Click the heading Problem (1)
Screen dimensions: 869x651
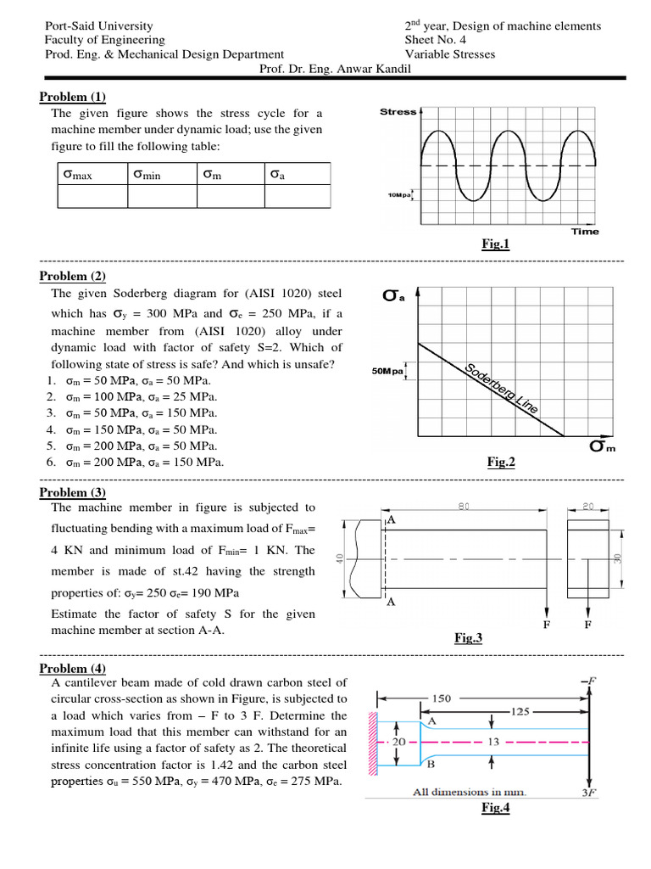[x=73, y=96]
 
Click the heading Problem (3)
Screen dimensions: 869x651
[x=73, y=492]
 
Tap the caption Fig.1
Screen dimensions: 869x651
[x=495, y=244]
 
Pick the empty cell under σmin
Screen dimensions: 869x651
[x=162, y=196]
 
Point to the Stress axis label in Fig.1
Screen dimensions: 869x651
[x=398, y=112]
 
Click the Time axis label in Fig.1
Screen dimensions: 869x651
[x=584, y=231]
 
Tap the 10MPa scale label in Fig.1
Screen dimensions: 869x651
[x=399, y=195]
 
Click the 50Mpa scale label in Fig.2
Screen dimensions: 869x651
[x=388, y=371]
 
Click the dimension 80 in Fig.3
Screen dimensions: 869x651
[x=464, y=507]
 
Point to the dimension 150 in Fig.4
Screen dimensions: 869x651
[x=443, y=698]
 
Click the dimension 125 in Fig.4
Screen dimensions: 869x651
[x=521, y=710]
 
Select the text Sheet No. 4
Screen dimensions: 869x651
[x=436, y=40]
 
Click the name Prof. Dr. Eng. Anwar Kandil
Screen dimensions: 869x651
[x=335, y=69]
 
